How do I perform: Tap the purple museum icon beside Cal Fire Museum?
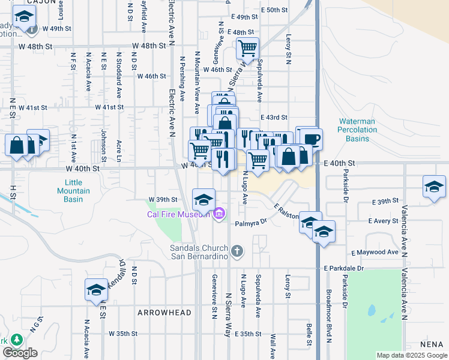(218, 214)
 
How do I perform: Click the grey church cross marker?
(237, 251)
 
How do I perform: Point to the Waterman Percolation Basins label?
(357, 130)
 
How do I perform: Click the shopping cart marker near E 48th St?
(247, 47)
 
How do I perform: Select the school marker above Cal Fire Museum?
(203, 199)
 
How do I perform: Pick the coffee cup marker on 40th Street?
(311, 139)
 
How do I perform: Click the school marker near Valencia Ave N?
(433, 186)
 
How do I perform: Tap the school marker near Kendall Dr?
(96, 290)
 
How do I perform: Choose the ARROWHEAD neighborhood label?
(164, 313)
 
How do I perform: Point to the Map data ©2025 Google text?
(412, 355)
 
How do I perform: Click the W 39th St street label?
(163, 199)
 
